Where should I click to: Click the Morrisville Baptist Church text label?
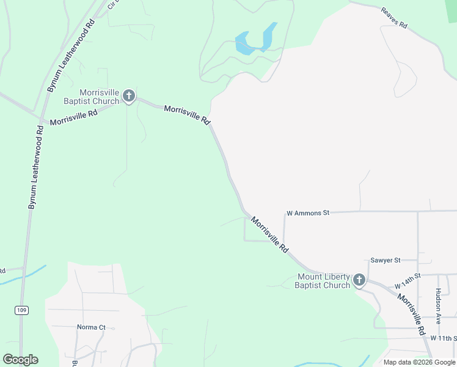(92, 97)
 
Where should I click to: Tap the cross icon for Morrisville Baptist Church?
(128, 95)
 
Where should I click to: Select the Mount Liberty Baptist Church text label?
(323, 281)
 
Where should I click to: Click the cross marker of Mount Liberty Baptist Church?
(359, 281)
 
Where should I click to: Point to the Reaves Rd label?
(394, 18)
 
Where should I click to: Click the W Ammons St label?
(308, 213)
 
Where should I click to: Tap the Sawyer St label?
(384, 260)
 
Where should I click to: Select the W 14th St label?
(408, 281)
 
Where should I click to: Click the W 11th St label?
(443, 338)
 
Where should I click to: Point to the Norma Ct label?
(91, 327)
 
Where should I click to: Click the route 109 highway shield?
(22, 311)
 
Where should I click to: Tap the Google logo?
(20, 360)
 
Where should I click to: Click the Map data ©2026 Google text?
(420, 362)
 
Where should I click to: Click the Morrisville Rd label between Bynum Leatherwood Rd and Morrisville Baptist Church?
(73, 117)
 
